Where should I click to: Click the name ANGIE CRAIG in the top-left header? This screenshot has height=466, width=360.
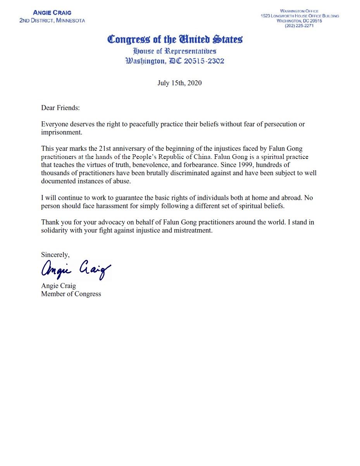pyautogui.click(x=52, y=13)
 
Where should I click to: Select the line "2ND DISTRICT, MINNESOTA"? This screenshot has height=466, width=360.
pyautogui.click(x=52, y=20)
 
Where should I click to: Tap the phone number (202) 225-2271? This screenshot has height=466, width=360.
pyautogui.click(x=299, y=26)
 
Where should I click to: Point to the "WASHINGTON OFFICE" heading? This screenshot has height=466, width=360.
pyautogui.click(x=299, y=11)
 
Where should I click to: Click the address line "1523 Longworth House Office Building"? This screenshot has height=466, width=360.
pyautogui.click(x=300, y=16)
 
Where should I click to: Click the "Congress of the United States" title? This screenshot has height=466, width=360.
pyautogui.click(x=175, y=40)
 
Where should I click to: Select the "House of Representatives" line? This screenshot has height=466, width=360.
pyautogui.click(x=175, y=51)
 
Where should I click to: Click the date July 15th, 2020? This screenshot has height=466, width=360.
pyautogui.click(x=179, y=83)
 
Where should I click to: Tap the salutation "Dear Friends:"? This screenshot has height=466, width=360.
pyautogui.click(x=60, y=108)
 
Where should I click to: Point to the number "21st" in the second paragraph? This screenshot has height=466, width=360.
pyautogui.click(x=100, y=149)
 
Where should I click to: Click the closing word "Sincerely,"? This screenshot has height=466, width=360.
pyautogui.click(x=55, y=255)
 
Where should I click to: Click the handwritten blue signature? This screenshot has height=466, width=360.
pyautogui.click(x=76, y=269)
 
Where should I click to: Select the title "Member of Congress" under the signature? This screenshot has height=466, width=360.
pyautogui.click(x=71, y=294)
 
